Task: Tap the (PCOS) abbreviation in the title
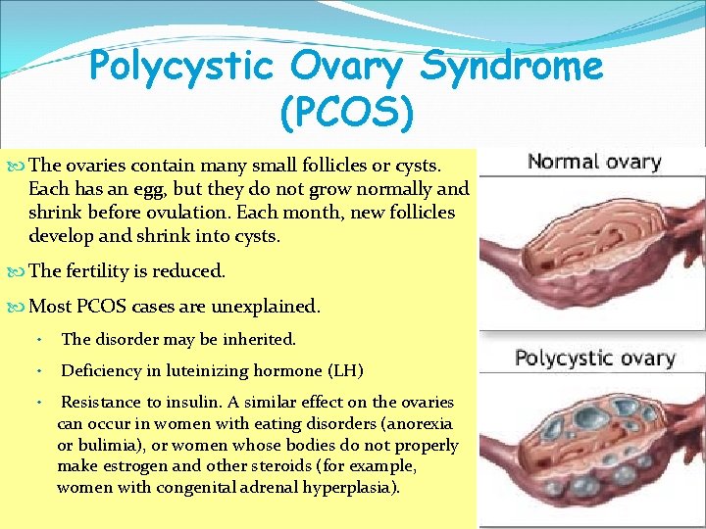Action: pos(346,112)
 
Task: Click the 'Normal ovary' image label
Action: pos(594,162)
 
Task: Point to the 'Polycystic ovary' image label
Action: pos(595,358)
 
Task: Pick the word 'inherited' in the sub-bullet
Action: pos(262,339)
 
